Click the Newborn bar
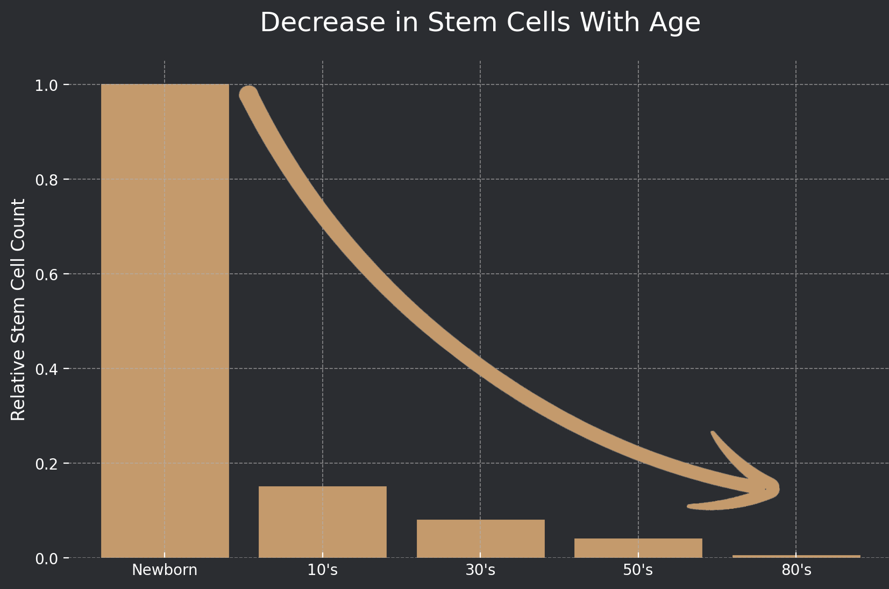click(x=165, y=321)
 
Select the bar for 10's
click(x=322, y=522)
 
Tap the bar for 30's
click(x=480, y=538)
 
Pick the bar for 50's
click(x=638, y=548)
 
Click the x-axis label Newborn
click(x=165, y=570)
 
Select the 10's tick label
click(x=322, y=570)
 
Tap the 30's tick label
click(x=480, y=570)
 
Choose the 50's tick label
click(x=638, y=570)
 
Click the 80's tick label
click(x=796, y=570)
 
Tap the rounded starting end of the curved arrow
click(x=248, y=95)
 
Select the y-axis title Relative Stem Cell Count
click(x=18, y=309)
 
